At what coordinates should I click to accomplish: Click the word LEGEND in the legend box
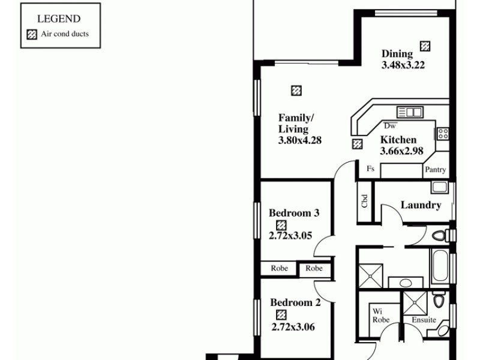[59, 19]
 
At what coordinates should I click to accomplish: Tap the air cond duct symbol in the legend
[32, 34]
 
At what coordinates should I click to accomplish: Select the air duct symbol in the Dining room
[425, 46]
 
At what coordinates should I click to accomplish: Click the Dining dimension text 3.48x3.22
[403, 65]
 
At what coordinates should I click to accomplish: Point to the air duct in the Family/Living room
[296, 91]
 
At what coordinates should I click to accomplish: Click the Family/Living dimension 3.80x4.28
[301, 141]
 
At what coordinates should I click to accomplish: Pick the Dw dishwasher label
[390, 126]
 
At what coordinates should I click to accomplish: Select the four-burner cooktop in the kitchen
[443, 133]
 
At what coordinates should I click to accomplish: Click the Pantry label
[436, 170]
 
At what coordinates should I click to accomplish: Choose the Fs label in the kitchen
[371, 170]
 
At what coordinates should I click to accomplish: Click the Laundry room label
[421, 205]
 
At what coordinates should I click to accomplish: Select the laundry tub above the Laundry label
[439, 187]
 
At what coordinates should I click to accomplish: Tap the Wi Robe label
[381, 316]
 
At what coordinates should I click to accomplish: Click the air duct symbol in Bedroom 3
[281, 225]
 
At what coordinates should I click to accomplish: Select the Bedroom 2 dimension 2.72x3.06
[293, 328]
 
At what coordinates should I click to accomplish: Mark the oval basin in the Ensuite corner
[443, 329]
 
